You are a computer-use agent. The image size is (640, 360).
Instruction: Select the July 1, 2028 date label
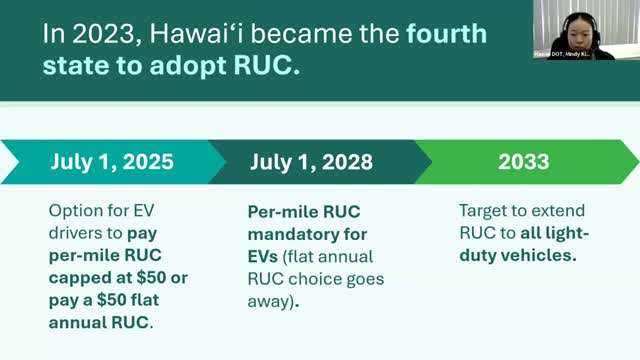pyautogui.click(x=313, y=162)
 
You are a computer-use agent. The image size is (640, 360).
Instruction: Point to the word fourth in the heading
pyautogui.click(x=447, y=34)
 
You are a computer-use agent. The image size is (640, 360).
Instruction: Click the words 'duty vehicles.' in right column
pyautogui.click(x=511, y=257)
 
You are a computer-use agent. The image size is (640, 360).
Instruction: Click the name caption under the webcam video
pyautogui.click(x=574, y=54)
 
